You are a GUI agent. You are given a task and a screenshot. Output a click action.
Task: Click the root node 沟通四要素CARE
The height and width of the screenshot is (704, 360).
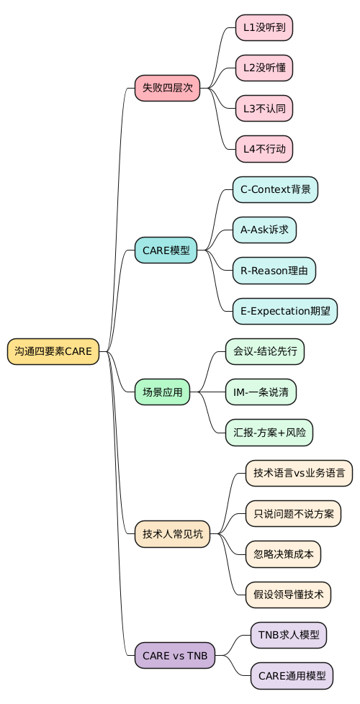click(x=53, y=351)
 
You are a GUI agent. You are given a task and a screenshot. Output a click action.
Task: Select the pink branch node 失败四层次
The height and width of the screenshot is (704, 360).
click(x=167, y=88)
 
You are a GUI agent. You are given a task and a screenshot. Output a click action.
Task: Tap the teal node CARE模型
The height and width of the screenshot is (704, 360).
click(x=166, y=251)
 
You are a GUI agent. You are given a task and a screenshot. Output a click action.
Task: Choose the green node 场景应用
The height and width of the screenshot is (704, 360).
click(x=162, y=392)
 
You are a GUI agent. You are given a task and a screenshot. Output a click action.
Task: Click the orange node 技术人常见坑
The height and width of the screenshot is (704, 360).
click(x=172, y=534)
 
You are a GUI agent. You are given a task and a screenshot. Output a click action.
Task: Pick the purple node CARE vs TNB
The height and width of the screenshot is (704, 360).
click(x=174, y=656)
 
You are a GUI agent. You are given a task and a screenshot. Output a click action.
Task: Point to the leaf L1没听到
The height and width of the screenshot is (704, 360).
click(x=264, y=27)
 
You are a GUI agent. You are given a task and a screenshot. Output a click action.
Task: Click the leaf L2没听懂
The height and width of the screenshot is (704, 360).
click(x=264, y=68)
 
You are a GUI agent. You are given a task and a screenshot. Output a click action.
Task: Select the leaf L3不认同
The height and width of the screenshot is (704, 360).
click(x=264, y=109)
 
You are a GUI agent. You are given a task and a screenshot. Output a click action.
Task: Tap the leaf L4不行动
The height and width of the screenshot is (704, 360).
click(x=264, y=149)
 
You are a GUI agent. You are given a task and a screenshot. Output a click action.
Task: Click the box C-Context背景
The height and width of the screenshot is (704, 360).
click(x=275, y=190)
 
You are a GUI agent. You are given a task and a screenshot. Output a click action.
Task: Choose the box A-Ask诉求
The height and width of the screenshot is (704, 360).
click(x=264, y=230)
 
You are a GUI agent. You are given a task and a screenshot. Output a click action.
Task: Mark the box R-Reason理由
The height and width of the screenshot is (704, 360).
click(x=274, y=271)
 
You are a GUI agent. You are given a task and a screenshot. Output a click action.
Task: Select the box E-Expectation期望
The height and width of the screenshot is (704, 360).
click(x=284, y=312)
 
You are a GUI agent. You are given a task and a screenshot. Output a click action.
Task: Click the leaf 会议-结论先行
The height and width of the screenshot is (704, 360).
click(x=264, y=351)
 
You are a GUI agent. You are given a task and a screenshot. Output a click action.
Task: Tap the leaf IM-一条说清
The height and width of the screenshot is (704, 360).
click(x=261, y=392)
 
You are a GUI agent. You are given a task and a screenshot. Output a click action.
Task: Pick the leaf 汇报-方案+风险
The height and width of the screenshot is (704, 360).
click(x=269, y=433)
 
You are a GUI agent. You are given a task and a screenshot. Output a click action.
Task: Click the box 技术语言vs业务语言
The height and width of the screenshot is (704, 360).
click(x=299, y=474)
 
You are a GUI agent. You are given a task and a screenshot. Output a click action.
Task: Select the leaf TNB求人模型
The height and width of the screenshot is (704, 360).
click(x=288, y=636)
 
